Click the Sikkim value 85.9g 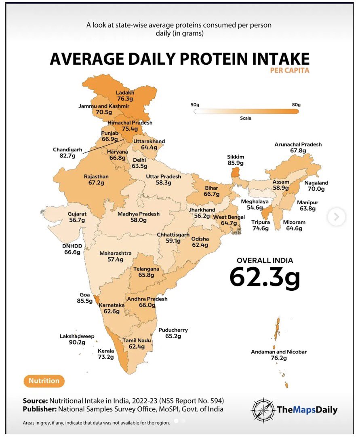click(236, 163)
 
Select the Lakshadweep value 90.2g click(77, 343)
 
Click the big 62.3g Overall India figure click(265, 277)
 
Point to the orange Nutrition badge click(44, 381)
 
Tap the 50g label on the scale click(195, 105)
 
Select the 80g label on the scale click(296, 105)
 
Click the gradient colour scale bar click(246, 111)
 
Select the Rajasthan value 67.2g click(96, 183)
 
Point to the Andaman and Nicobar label click(279, 352)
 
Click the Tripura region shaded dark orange click(267, 211)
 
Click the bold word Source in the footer click(35, 401)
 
